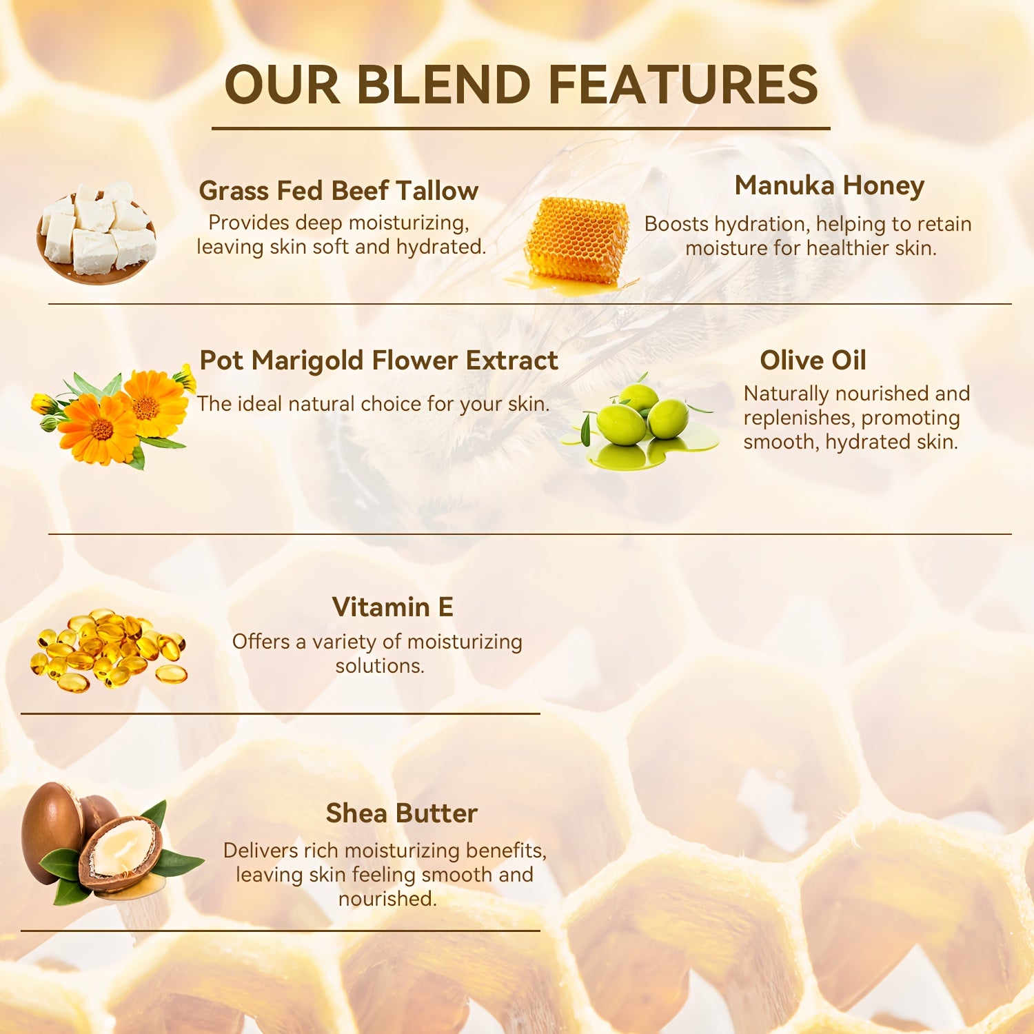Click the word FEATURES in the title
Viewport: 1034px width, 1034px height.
coord(683,85)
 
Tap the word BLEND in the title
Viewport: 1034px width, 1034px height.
coord(443,85)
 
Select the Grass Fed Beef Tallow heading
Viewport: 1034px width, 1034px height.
coord(338,191)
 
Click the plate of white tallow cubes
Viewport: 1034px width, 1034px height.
coord(97,234)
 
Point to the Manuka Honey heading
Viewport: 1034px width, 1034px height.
coord(829,185)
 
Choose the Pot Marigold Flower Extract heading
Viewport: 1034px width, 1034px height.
coord(378,361)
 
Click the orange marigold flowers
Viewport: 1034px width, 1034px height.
coord(114,416)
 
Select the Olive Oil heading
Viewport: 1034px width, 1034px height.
coord(813,361)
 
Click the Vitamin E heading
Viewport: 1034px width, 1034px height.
coord(392,607)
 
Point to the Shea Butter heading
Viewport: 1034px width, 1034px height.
coord(401,813)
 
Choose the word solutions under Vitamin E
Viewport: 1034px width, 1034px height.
coord(380,666)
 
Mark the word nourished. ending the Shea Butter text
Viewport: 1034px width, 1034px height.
coord(387,899)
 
